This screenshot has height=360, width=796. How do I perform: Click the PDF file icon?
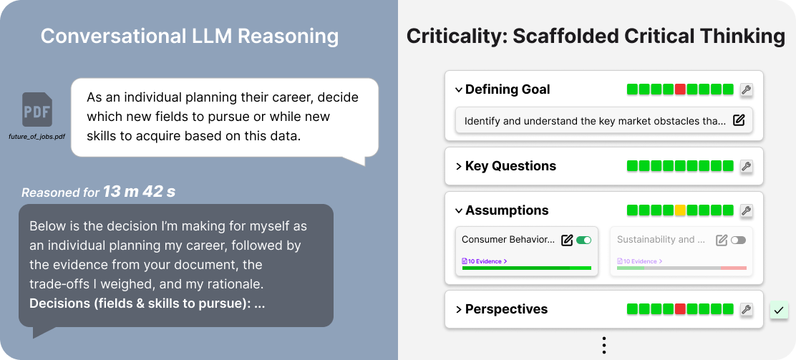tap(37, 110)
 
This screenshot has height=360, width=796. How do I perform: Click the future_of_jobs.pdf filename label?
tap(37, 135)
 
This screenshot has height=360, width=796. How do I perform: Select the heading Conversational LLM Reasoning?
tap(189, 36)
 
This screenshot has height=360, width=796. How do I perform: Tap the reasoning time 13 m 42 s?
tap(139, 192)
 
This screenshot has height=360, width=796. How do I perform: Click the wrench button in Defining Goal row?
tap(746, 89)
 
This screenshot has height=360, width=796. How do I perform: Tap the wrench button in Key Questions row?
tap(746, 166)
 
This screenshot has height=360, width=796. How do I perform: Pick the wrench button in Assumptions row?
tap(746, 210)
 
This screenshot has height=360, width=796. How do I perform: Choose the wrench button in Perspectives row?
tap(746, 309)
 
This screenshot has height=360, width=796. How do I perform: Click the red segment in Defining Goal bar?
tap(680, 89)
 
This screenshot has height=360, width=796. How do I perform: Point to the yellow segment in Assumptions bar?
tap(680, 210)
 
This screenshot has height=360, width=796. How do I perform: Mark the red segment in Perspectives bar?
tap(680, 309)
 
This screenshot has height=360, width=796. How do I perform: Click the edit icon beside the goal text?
tap(739, 120)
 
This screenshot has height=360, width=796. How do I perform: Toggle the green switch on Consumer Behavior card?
tap(583, 240)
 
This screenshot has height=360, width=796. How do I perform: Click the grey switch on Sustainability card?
tap(738, 240)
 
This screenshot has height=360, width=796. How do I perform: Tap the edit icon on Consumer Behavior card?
tap(567, 240)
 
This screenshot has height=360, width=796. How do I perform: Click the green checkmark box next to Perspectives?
tap(779, 310)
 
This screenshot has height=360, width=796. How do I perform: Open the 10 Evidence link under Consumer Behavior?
tap(485, 261)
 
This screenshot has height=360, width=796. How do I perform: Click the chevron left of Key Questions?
tap(458, 166)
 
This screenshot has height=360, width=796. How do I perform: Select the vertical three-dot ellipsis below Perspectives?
tap(604, 346)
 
